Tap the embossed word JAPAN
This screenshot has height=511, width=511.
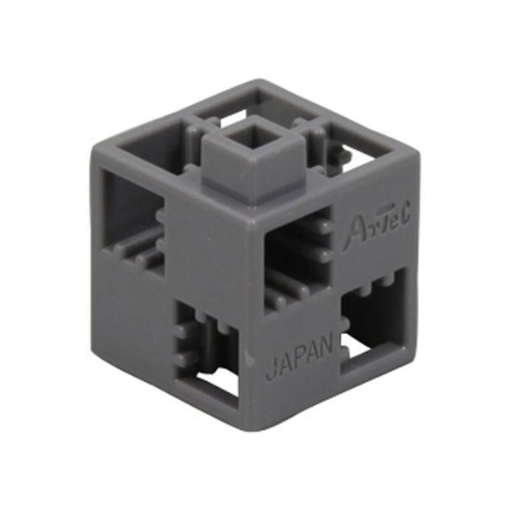[x=301, y=360]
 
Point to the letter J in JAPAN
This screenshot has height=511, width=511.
[x=272, y=372]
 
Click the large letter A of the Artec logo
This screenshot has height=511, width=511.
[x=354, y=233]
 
